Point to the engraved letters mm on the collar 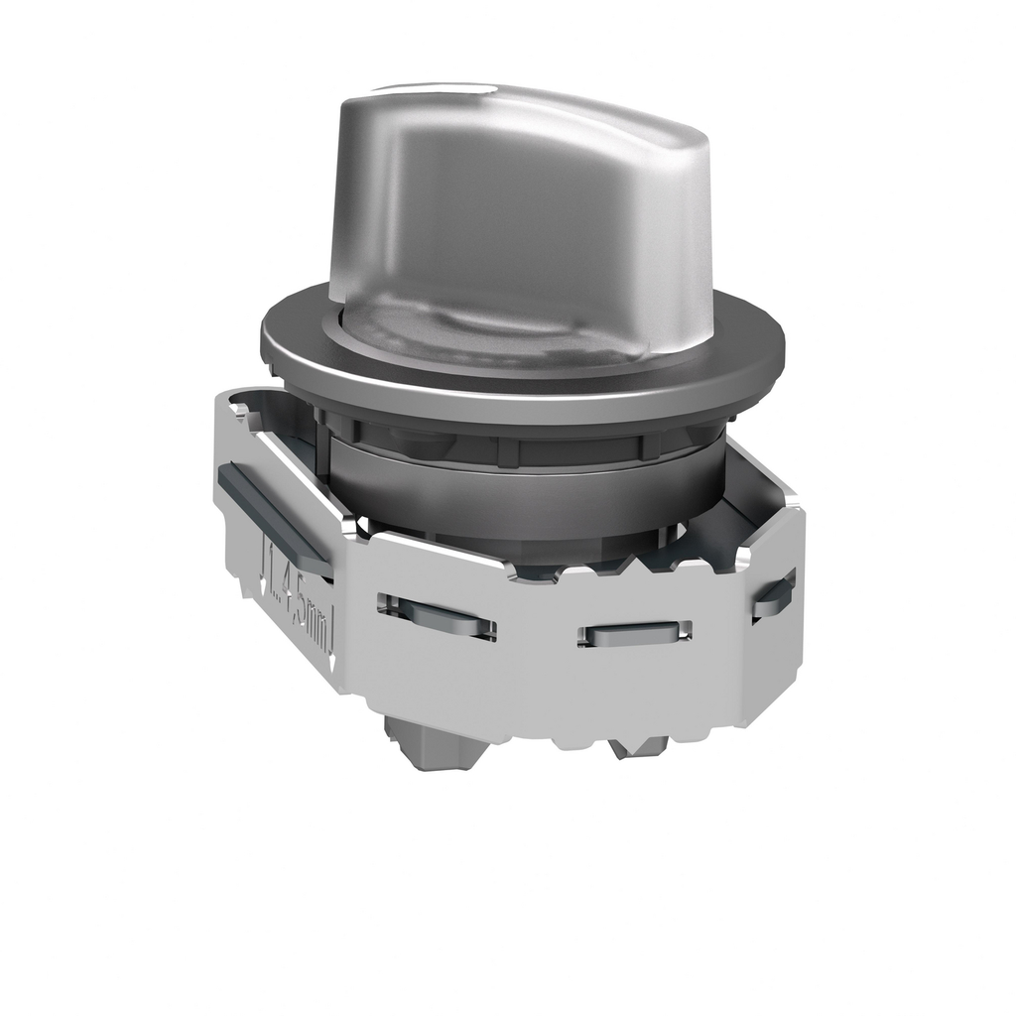[x=317, y=630]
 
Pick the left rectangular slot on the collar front [x=436, y=615]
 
